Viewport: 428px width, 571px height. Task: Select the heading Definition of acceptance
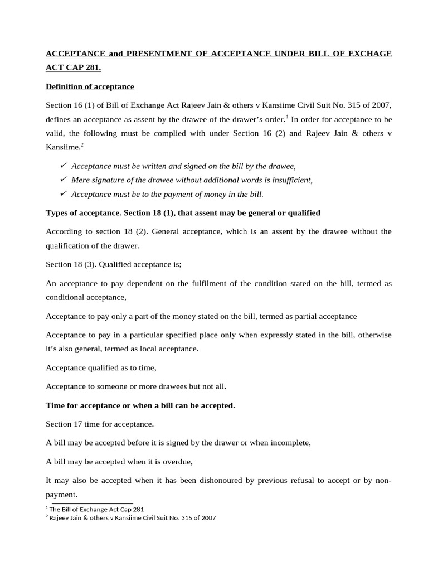(90, 87)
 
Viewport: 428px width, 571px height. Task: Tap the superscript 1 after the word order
(287, 117)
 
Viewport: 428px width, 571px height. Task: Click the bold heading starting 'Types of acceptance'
(183, 213)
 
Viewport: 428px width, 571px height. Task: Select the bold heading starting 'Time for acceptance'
(140, 405)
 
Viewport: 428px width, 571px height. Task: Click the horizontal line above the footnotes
(89, 503)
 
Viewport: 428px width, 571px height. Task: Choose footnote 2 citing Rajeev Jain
(130, 518)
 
